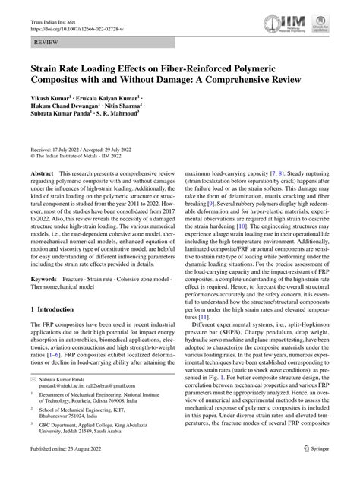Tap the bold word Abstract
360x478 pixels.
pyautogui.click(x=41, y=174)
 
